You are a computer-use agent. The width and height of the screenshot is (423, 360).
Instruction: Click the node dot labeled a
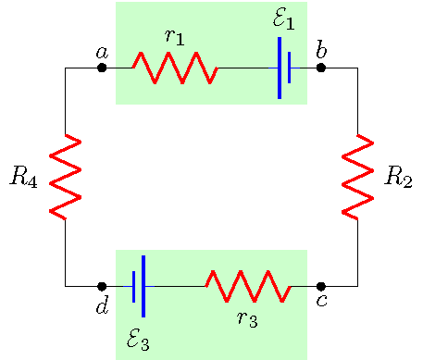click(102, 68)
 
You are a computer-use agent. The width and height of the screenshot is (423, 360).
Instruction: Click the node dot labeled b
click(321, 68)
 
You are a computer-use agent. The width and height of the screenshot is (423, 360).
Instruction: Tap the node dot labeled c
click(321, 287)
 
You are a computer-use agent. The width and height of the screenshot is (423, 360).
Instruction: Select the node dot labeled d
click(102, 287)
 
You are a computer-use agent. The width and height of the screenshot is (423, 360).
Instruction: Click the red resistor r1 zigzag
click(174, 68)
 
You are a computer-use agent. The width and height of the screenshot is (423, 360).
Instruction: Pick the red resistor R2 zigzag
click(357, 177)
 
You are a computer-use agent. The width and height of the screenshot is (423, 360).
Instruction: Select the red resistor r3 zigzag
click(247, 287)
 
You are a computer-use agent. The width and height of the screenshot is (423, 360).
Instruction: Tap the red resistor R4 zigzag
click(65, 177)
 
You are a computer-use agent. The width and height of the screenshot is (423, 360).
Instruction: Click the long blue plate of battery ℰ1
click(280, 68)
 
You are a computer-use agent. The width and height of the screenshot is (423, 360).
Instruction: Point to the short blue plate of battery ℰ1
click(289, 68)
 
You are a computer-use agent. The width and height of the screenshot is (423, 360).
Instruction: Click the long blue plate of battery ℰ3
click(143, 286)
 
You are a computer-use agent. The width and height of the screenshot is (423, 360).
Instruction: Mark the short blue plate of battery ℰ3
click(134, 287)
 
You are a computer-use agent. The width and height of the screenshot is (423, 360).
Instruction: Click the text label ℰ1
click(284, 18)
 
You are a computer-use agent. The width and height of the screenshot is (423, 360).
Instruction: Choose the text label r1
click(174, 37)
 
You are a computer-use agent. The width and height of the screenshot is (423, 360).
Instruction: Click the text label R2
click(398, 178)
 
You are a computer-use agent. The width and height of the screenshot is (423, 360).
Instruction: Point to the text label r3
click(247, 319)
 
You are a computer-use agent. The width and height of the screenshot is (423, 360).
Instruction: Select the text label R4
click(23, 178)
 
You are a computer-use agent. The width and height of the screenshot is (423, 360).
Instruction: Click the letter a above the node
click(102, 52)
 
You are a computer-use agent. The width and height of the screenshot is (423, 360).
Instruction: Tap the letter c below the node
click(321, 302)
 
